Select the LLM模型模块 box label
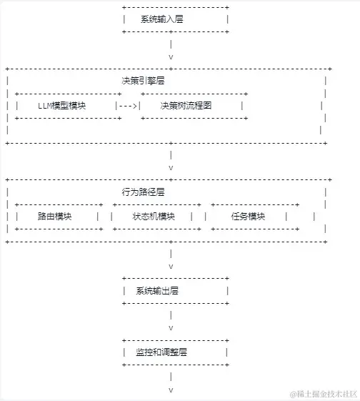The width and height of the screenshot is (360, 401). (x=61, y=105)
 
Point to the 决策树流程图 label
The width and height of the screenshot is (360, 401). (x=186, y=105)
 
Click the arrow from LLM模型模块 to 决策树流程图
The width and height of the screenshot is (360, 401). (x=128, y=105)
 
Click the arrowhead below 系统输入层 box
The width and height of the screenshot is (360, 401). (x=171, y=56)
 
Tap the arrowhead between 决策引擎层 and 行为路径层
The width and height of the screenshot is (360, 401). (x=171, y=167)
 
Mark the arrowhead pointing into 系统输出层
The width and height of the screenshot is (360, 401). (x=171, y=266)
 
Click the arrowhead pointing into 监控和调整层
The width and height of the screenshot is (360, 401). (x=171, y=327)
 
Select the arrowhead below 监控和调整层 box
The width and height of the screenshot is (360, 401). (x=171, y=390)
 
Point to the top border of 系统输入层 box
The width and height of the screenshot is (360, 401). (x=175, y=7)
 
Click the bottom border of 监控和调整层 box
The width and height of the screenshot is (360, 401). (x=175, y=365)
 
